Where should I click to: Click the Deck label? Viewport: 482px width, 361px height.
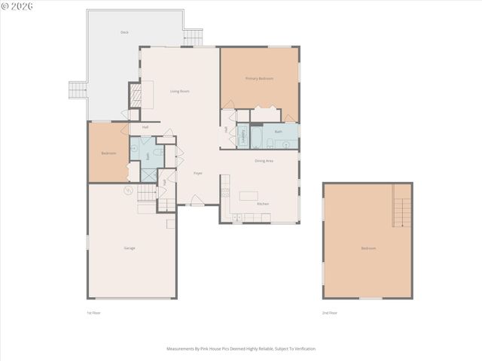(124, 32)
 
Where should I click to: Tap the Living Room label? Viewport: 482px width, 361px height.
(179, 91)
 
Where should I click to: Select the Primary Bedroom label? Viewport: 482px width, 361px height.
(259, 78)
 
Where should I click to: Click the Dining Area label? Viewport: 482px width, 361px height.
(264, 160)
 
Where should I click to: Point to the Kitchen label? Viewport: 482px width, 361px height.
(263, 204)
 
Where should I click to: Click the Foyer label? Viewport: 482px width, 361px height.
(198, 173)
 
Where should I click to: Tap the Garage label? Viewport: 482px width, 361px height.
(130, 247)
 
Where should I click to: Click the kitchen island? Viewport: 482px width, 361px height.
(249, 196)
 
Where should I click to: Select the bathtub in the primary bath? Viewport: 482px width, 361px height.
(256, 137)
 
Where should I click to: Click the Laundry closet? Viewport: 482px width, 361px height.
(243, 136)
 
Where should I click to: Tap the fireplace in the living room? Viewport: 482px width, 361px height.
(136, 96)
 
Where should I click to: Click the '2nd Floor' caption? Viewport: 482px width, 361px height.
(330, 312)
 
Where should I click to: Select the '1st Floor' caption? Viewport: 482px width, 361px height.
(93, 312)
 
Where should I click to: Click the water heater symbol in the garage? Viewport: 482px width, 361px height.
(128, 190)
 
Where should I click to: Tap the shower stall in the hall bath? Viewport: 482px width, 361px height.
(148, 175)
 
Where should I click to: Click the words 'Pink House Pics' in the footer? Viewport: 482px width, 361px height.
(213, 349)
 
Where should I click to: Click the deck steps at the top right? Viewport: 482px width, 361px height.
(194, 37)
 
